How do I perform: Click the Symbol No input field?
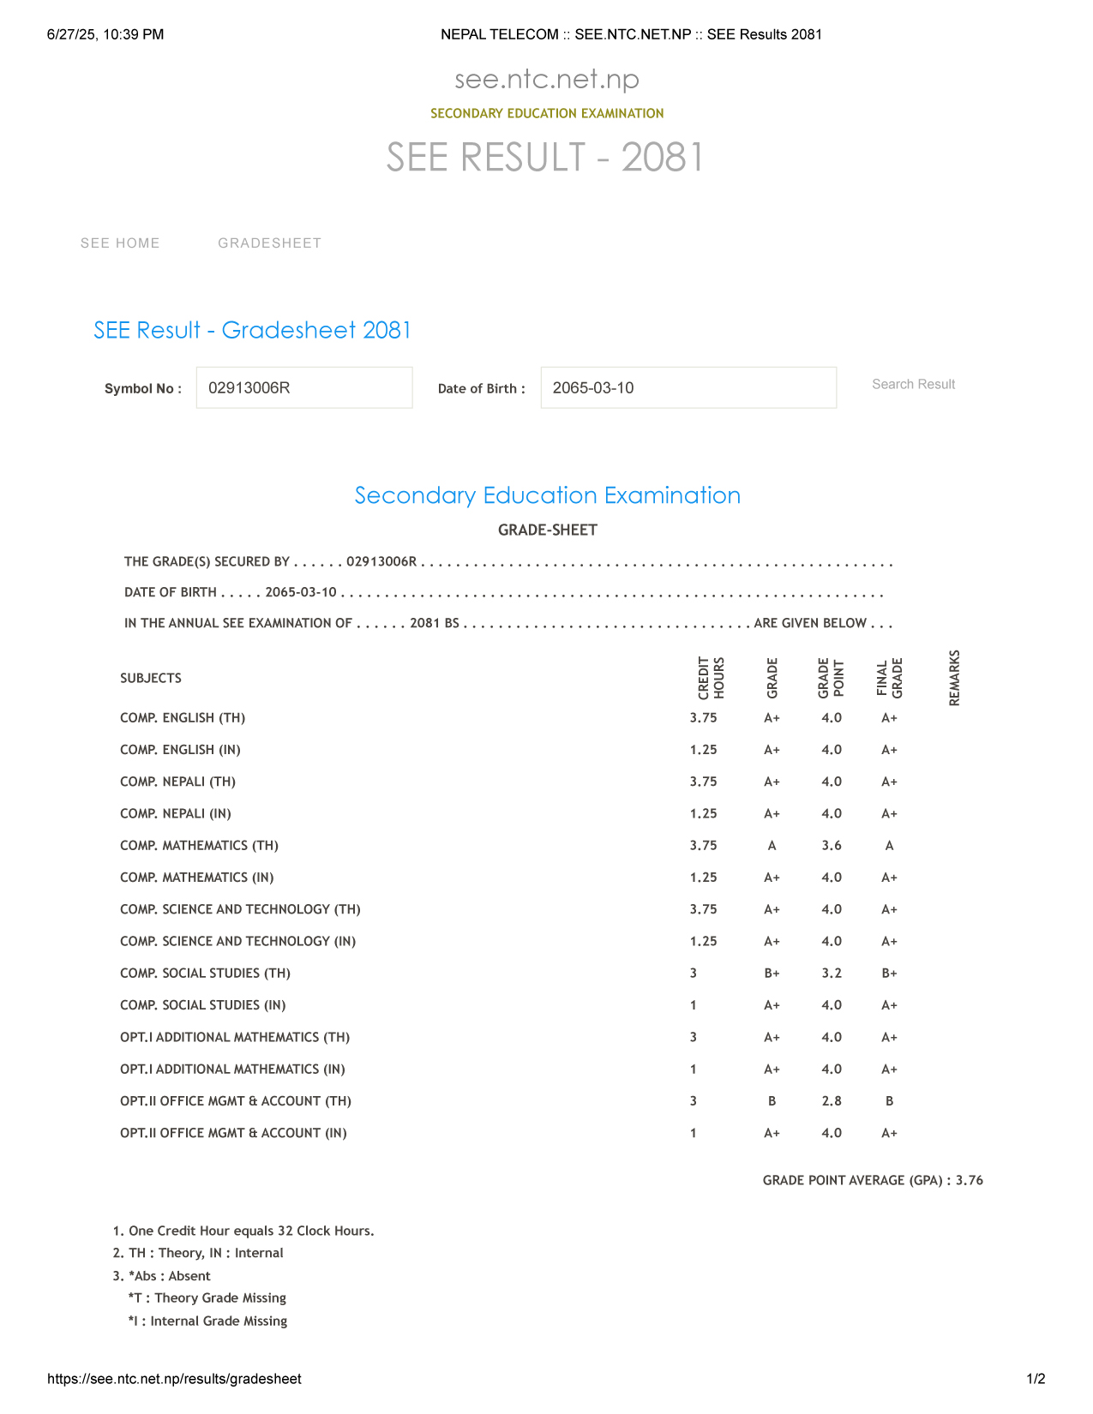click(304, 387)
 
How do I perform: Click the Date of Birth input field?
click(688, 387)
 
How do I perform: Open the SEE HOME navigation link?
click(120, 243)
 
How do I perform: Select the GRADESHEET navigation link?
click(270, 243)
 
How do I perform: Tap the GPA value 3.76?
click(970, 1180)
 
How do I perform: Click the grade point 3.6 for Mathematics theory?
click(832, 846)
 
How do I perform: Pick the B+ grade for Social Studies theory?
click(772, 974)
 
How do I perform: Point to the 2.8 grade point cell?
click(832, 1101)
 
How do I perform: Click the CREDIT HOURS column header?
click(711, 678)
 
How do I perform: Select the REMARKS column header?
click(954, 678)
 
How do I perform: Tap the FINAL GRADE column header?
click(889, 678)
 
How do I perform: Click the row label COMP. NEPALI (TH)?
click(177, 782)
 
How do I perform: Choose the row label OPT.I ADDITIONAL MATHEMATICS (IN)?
click(232, 1069)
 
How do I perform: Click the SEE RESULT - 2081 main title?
click(546, 158)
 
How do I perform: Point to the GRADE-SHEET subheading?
click(547, 530)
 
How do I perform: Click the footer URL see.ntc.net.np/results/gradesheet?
click(174, 1379)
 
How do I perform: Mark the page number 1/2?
click(1036, 1379)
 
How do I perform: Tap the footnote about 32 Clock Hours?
click(243, 1231)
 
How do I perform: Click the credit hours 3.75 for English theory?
click(703, 718)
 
